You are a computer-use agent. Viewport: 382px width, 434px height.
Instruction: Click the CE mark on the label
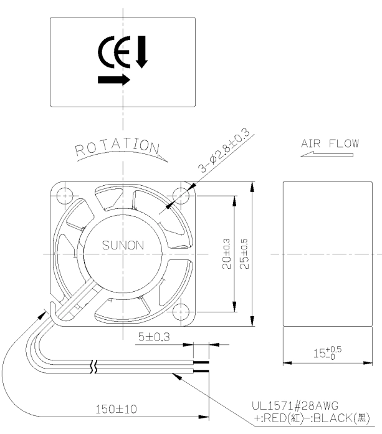[114, 52]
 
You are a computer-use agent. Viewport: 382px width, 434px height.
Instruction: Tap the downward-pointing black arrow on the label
[142, 52]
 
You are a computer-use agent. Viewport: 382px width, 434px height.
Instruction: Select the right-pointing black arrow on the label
[114, 80]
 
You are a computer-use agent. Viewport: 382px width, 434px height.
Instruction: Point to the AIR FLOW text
[330, 143]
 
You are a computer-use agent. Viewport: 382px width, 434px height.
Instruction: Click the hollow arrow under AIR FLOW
[327, 154]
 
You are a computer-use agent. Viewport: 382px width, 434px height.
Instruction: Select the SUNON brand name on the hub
[123, 245]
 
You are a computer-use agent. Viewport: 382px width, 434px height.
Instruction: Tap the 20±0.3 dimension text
[226, 254]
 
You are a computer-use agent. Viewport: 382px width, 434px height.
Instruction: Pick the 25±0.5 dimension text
[244, 254]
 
